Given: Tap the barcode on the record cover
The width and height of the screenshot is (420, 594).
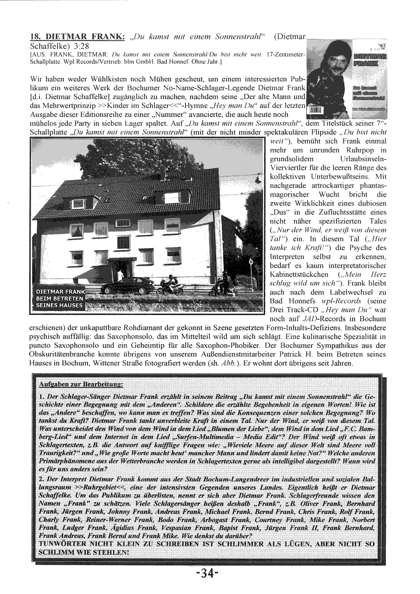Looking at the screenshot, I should pyautogui.click(x=315, y=110).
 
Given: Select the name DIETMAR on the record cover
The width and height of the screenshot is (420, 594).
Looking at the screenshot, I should pyautogui.click(x=370, y=56).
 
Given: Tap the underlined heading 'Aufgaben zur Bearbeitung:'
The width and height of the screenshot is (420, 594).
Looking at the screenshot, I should pyautogui.click(x=80, y=384).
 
